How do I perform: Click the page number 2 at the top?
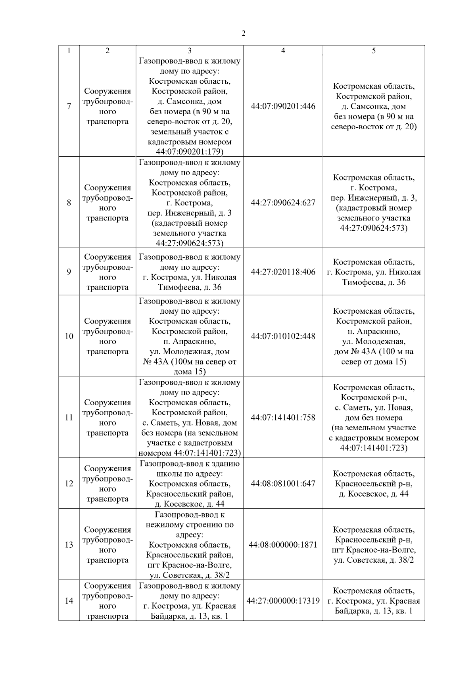point(243,34)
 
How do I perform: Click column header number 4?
point(283,50)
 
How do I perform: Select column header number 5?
point(374,50)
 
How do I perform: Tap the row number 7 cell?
point(69,106)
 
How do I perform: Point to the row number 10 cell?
point(69,336)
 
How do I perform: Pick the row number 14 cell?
point(69,601)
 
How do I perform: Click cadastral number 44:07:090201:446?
point(283,106)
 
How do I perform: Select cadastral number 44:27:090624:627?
point(283,203)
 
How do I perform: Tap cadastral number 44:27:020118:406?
point(283,272)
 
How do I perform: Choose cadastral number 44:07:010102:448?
point(283,336)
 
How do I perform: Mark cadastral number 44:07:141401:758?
point(283,418)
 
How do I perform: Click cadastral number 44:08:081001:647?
point(283,483)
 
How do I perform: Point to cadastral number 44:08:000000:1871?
point(283,545)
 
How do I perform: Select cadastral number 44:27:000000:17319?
point(283,601)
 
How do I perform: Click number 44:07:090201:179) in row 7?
point(190,152)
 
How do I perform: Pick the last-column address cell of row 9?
point(374,272)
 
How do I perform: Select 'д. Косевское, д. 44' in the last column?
point(374,494)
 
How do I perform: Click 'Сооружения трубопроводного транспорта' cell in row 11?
point(107,418)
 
